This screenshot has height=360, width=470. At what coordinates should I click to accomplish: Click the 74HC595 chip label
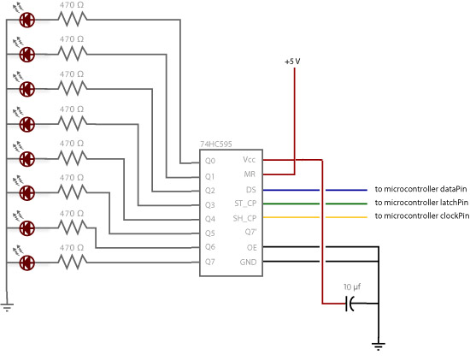(216, 145)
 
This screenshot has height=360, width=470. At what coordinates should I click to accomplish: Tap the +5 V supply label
(292, 62)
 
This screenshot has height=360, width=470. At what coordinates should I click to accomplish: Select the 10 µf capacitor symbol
(350, 304)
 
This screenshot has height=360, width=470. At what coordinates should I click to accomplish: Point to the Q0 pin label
(210, 161)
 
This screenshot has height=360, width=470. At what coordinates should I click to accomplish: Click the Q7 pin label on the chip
(210, 262)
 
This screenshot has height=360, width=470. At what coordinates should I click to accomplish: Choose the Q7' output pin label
(250, 232)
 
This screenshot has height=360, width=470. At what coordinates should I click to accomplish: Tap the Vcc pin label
(249, 160)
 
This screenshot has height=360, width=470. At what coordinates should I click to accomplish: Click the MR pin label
(250, 174)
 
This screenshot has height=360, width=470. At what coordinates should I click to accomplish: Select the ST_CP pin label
(245, 204)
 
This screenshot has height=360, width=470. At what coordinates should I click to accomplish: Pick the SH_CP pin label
(245, 218)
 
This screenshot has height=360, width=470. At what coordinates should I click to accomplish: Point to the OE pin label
(252, 247)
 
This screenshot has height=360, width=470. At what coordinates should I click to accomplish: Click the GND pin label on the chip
(248, 263)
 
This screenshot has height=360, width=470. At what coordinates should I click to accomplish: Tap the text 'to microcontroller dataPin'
(420, 189)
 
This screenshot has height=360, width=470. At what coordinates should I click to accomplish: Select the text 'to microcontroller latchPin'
(421, 203)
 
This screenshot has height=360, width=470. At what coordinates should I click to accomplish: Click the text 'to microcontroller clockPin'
(422, 216)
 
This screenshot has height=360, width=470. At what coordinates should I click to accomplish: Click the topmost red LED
(27, 21)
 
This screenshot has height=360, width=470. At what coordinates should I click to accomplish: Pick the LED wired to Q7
(27, 263)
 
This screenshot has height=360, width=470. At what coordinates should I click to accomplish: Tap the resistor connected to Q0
(73, 20)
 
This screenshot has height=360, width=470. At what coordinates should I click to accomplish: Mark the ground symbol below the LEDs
(7, 308)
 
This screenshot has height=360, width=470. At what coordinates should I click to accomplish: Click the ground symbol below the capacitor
(379, 346)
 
